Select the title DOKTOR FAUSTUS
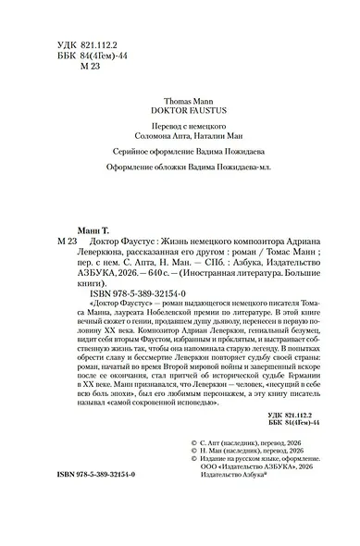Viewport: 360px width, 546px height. (180, 108)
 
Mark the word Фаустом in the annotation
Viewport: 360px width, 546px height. (150, 366)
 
